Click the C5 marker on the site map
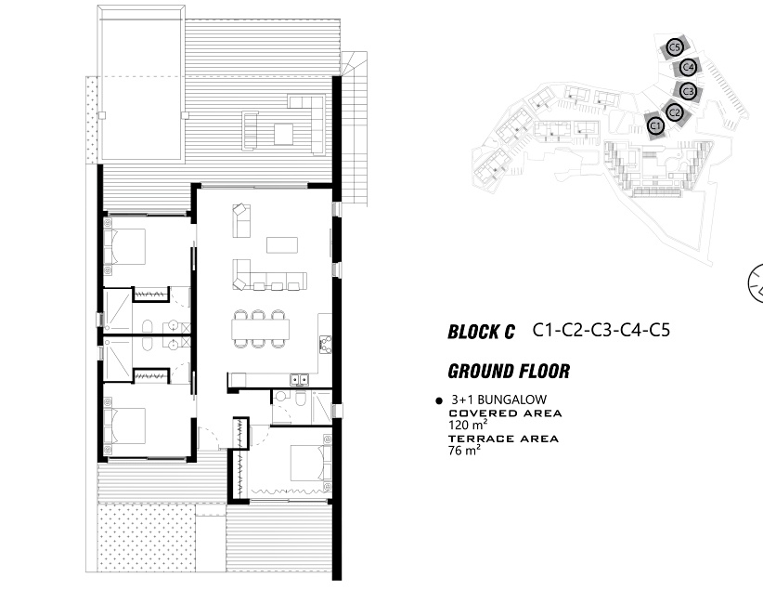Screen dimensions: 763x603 click(675, 47)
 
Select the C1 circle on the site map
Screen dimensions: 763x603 click(655, 126)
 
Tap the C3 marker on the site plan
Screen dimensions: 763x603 click(688, 91)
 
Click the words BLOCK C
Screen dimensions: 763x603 click(481, 333)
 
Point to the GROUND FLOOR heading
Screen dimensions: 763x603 click(509, 371)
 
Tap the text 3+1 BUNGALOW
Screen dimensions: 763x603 click(498, 400)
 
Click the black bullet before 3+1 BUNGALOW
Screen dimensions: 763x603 click(439, 400)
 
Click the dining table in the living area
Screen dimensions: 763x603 click(260, 329)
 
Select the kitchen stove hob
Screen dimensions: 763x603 click(325, 344)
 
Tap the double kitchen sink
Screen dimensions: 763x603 click(299, 379)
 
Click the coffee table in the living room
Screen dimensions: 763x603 click(282, 245)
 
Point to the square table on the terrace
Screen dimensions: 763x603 click(283, 134)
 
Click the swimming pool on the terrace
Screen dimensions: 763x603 click(142, 84)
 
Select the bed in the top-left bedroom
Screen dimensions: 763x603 click(124, 247)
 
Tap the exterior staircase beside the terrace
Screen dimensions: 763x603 click(355, 129)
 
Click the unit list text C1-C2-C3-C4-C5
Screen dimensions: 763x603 click(601, 330)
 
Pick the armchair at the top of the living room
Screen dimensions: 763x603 click(239, 210)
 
